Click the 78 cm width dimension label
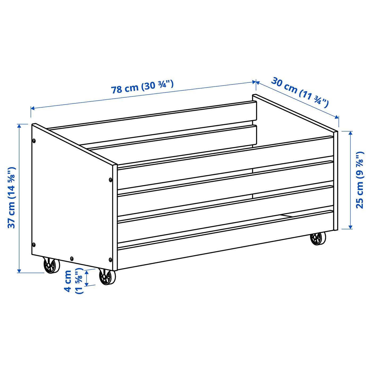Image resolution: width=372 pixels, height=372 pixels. pyautogui.click(x=142, y=87)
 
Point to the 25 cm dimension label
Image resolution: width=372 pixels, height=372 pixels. pyautogui.click(x=360, y=180)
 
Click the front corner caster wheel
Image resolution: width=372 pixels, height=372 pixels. pyautogui.click(x=107, y=277)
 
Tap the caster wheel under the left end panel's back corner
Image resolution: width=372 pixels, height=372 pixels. pyautogui.click(x=51, y=265)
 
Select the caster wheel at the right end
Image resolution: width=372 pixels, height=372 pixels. pyautogui.click(x=318, y=238)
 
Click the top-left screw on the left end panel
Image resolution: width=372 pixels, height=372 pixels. pyautogui.click(x=34, y=141)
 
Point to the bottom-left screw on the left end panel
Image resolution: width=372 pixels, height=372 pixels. pyautogui.click(x=33, y=244)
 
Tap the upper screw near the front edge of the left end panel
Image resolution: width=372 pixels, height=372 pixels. pyautogui.click(x=111, y=180)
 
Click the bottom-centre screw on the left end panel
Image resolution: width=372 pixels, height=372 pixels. pyautogui.click(x=72, y=258)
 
